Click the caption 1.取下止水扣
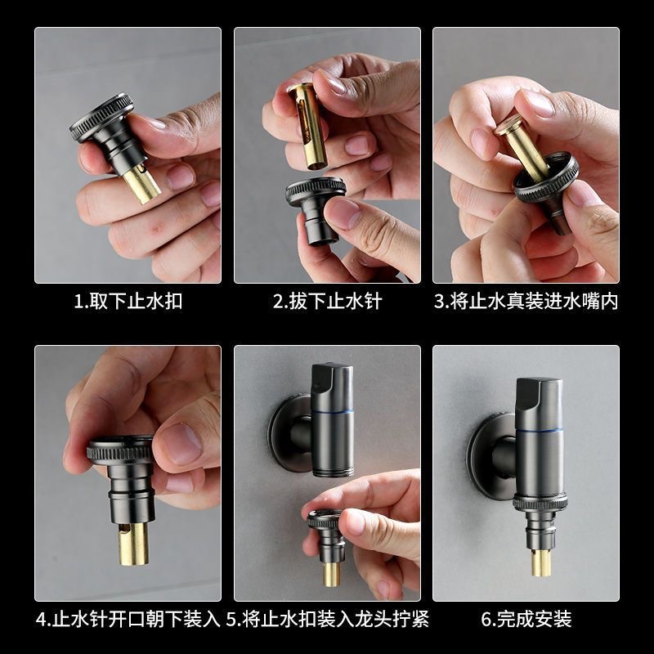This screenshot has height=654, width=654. pos(128,302)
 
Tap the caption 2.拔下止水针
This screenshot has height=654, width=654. pos(327,302)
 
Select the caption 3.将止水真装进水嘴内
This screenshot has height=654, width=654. pos(526,302)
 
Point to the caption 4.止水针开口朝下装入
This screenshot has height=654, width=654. pos(128,618)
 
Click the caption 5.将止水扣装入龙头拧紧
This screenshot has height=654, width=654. pos(327,618)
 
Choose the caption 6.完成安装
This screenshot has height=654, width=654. pos(526,618)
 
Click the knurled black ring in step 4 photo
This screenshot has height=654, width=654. pos(120,450)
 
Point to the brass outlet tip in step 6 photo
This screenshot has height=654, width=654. pos(540,562)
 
